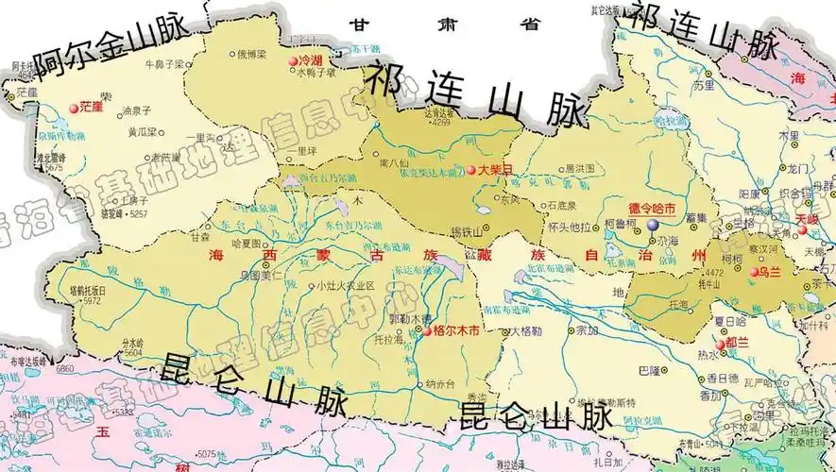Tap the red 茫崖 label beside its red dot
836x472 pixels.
[x=92, y=107]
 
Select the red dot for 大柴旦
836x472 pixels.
[x=470, y=170]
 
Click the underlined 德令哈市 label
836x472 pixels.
[x=652, y=208]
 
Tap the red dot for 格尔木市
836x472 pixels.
[x=427, y=331]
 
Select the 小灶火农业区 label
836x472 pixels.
[x=346, y=285]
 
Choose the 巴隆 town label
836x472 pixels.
[x=649, y=369]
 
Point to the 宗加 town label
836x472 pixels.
[x=586, y=330]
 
